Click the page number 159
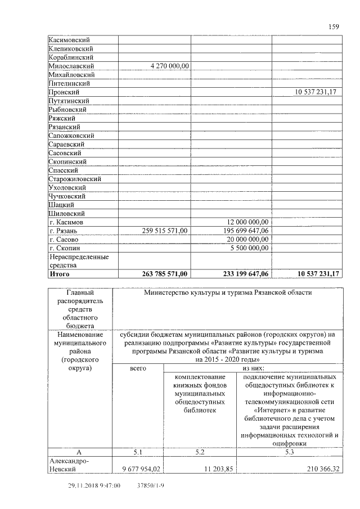pos(332,26)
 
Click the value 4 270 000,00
pos(169,66)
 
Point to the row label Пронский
pos(64,92)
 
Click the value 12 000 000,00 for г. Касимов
pos(247,222)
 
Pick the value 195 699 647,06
pos(242,231)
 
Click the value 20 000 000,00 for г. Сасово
pos(247,239)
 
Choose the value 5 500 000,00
pos(249,247)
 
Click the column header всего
pos(138,368)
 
